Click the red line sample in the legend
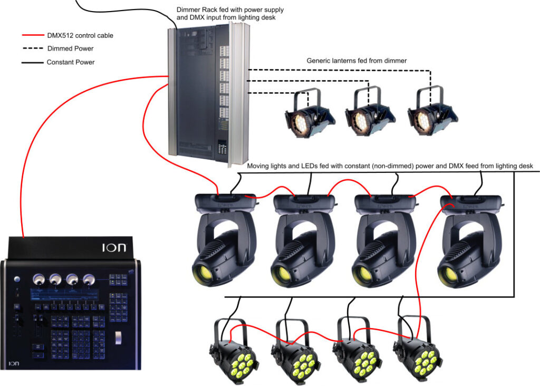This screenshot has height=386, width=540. (34, 36)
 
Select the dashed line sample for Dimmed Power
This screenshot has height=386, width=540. (34, 49)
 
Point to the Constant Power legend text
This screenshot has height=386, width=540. (71, 62)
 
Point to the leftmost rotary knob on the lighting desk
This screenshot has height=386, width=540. (38, 278)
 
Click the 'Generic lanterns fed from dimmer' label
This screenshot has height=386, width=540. (356, 61)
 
